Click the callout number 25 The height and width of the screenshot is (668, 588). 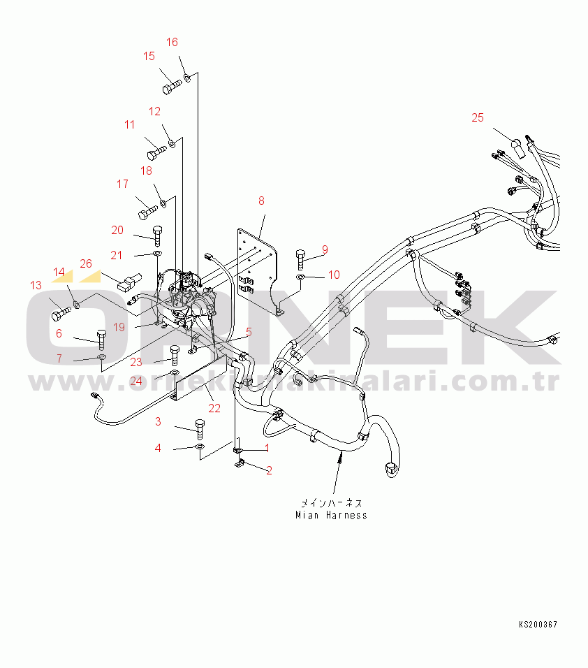pos(477,117)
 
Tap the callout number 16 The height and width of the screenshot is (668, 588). pos(172,42)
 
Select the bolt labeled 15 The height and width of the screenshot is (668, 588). pos(171,87)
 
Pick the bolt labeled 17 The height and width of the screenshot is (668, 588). pos(147,209)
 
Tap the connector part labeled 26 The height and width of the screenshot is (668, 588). pos(124,283)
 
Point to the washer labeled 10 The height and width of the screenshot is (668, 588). pos(300,278)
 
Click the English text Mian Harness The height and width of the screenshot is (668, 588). pos(330,516)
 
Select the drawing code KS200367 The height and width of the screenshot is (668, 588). pos(538,625)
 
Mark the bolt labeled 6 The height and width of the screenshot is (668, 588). pos(101,339)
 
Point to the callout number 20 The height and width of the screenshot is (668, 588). pos(117,230)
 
